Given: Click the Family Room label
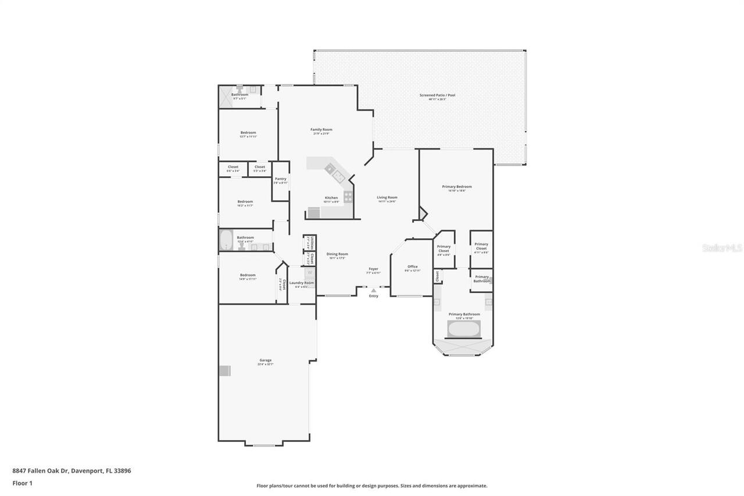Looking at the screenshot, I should pyautogui.click(x=321, y=130).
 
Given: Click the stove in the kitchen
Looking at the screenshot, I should pyautogui.click(x=348, y=197).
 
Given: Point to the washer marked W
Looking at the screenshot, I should pyautogui.click(x=310, y=272).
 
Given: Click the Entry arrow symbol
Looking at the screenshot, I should pyautogui.click(x=373, y=290).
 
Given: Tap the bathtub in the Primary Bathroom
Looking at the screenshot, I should pyautogui.click(x=463, y=329).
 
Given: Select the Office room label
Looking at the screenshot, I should pyautogui.click(x=412, y=266).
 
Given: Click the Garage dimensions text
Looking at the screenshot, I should pyautogui.click(x=266, y=365).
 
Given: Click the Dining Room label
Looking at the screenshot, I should pyautogui.click(x=337, y=254).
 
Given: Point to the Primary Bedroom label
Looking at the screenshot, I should pyautogui.click(x=457, y=187).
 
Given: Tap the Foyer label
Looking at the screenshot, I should pyautogui.click(x=373, y=269).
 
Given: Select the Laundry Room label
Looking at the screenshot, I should pyautogui.click(x=301, y=283).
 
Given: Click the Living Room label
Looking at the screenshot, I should pyautogui.click(x=387, y=197).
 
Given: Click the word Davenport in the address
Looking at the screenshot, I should pyautogui.click(x=87, y=471).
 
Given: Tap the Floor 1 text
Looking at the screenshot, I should pyautogui.click(x=22, y=483).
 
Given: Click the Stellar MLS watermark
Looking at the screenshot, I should pyautogui.click(x=722, y=248).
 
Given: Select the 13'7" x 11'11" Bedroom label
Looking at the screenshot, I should pyautogui.click(x=248, y=133).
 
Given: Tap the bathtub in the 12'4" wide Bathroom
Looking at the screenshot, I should pyautogui.click(x=226, y=240).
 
